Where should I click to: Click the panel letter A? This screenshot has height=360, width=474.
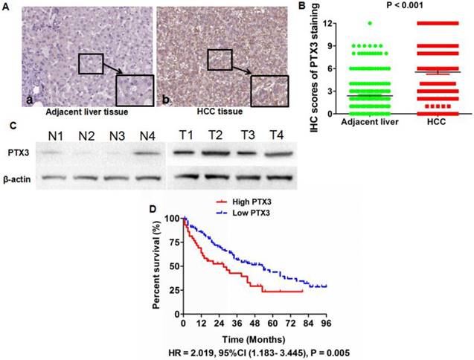point(4,5)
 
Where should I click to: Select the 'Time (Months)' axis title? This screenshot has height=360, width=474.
point(253,337)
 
